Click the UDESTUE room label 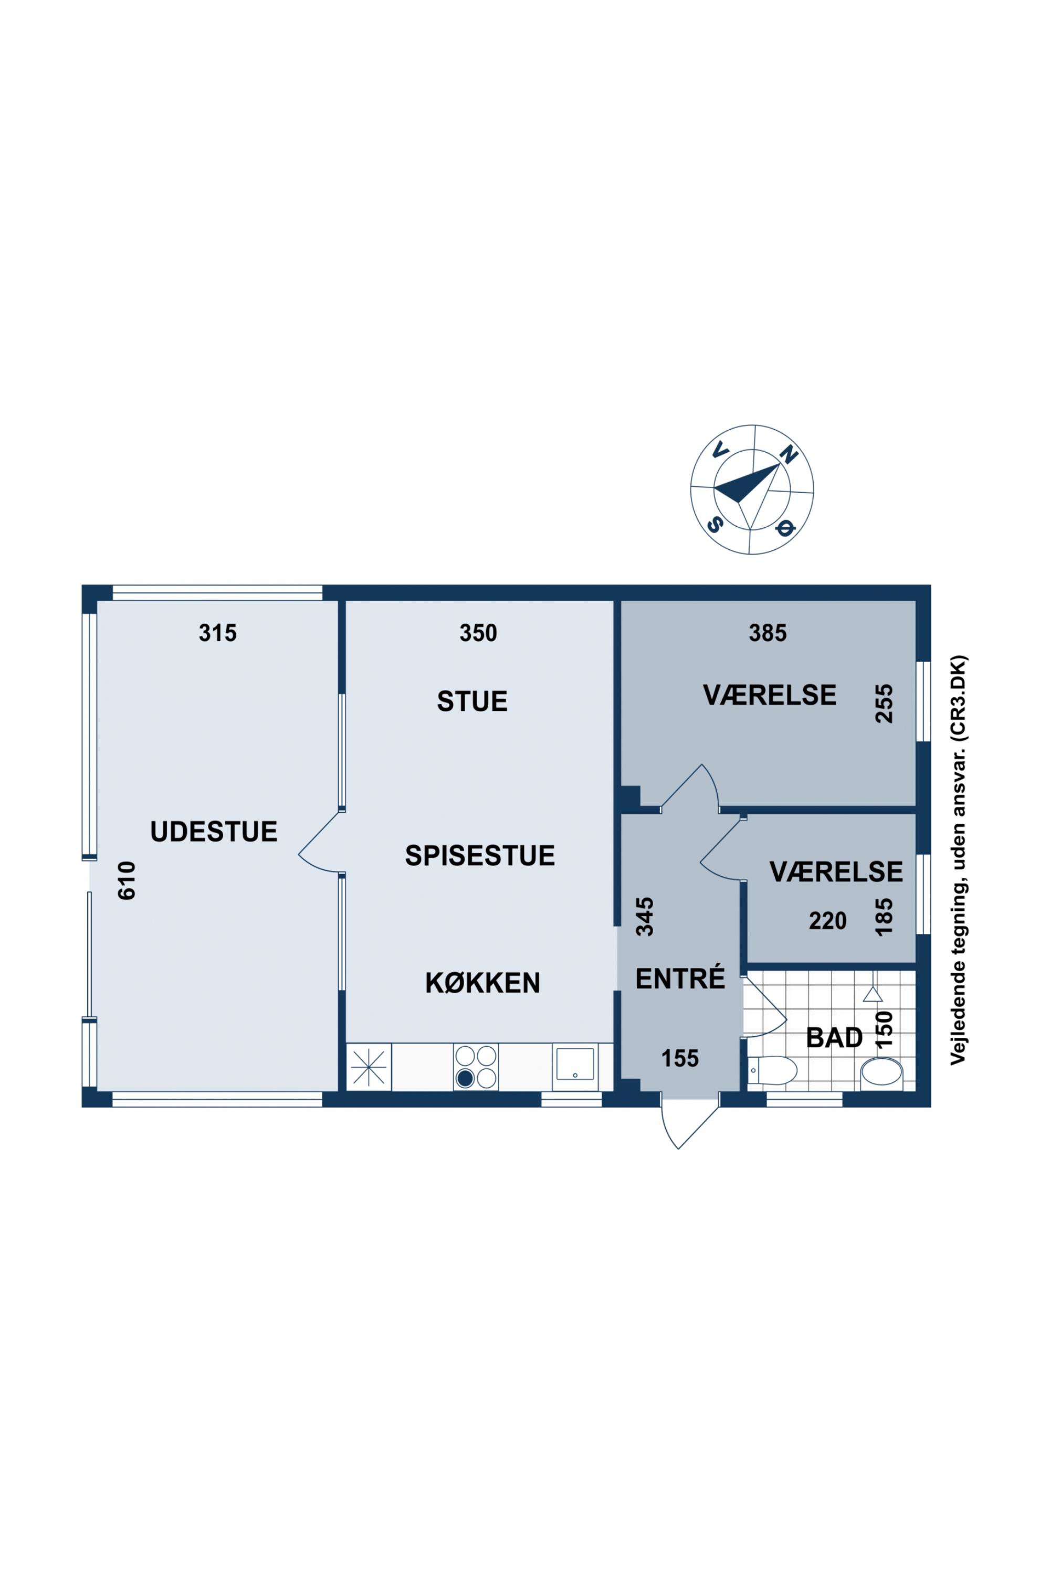point(214,831)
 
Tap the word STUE point(472,701)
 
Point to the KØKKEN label point(483,983)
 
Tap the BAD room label point(834,1038)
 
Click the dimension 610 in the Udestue point(127,880)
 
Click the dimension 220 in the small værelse point(828,921)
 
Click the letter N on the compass point(790,455)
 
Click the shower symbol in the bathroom point(872,994)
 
